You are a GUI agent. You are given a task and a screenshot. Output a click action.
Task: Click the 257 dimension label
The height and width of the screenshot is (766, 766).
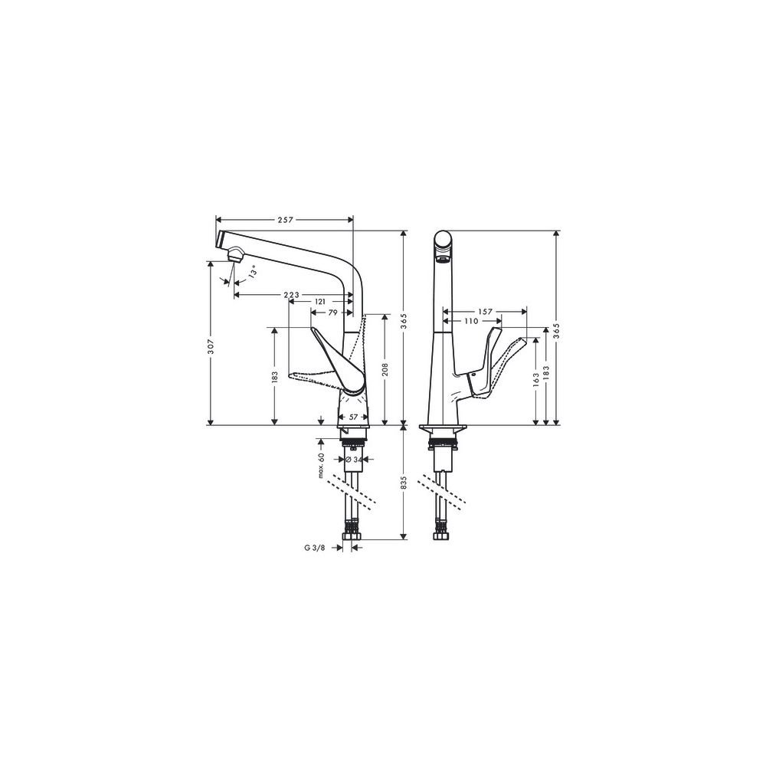coord(285,220)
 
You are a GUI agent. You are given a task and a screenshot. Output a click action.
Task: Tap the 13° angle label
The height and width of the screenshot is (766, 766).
coord(252,273)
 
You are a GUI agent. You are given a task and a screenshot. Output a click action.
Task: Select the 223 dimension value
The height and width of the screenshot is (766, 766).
coord(292,295)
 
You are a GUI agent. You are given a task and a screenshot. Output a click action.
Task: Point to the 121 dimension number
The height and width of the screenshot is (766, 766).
coord(320,303)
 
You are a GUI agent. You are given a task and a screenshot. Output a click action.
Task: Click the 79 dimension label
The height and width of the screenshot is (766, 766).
coord(332,313)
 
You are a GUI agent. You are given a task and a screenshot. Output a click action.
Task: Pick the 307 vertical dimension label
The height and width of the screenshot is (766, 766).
coord(210,346)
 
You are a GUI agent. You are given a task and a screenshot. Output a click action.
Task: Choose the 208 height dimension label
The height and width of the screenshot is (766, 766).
coord(385,370)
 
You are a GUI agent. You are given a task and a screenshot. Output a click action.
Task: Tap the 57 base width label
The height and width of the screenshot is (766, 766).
coord(354,417)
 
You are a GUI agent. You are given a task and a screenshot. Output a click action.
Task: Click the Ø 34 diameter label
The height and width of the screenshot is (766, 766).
coord(354,459)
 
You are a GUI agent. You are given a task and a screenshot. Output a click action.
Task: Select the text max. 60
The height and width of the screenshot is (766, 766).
coord(322,465)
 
